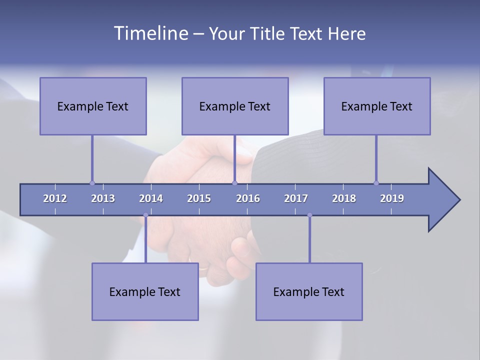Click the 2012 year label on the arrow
pos(55,198)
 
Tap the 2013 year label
pos(103,198)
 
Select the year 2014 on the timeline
pos(151,198)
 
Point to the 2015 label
pos(199,198)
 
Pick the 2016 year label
pos(248,198)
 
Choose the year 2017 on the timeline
pos(296,198)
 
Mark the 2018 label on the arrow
pos(344,198)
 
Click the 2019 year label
pos(392,198)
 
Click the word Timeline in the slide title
pos(150,33)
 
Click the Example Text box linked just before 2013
pos(93,106)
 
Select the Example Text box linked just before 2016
pos(235,106)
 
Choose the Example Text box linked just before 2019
pos(377,106)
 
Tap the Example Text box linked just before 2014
pos(145,291)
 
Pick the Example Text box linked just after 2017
pos(309,291)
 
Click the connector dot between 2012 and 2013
pos(92,183)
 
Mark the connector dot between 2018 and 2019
pos(376,183)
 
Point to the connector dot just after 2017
pos(309,215)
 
